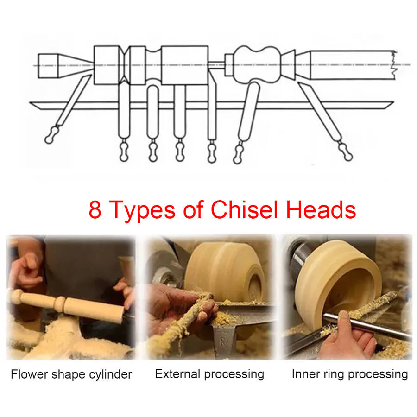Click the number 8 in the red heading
[x=95, y=209]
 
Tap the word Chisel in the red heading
[x=244, y=209]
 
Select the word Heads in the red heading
[x=321, y=209]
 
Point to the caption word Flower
[x=29, y=374]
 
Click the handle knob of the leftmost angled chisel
[x=51, y=135]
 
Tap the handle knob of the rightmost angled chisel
[x=346, y=152]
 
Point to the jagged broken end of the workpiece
[x=393, y=64]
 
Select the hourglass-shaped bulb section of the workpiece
[x=257, y=64]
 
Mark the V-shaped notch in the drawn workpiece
[x=124, y=65]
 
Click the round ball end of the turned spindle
[x=17, y=296]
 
